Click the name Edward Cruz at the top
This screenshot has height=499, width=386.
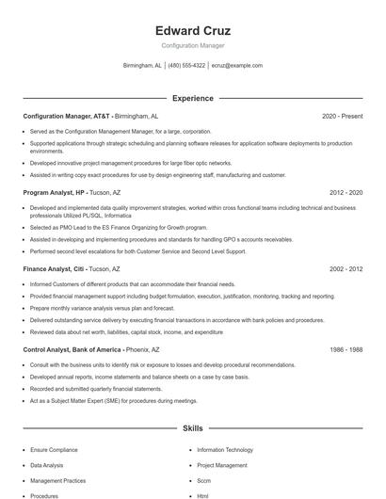tap(192, 30)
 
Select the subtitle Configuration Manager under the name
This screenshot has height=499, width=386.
tap(192, 45)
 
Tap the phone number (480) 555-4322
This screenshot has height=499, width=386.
tap(187, 66)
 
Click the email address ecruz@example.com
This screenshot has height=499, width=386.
tap(236, 66)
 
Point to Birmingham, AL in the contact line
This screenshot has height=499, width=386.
tap(142, 66)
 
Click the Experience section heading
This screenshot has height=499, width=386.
tap(192, 98)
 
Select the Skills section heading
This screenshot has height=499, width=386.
tap(192, 428)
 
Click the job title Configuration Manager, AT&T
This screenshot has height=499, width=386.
tap(59, 116)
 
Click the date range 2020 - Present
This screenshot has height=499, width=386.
tap(342, 116)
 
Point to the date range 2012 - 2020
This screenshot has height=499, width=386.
tap(346, 192)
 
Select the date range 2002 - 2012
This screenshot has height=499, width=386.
tap(346, 268)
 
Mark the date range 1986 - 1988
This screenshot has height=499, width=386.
tap(346, 349)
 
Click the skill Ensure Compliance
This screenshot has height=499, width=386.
tap(54, 450)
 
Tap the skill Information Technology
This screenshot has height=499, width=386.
tap(224, 450)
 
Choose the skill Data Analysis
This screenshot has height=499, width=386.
tap(47, 465)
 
